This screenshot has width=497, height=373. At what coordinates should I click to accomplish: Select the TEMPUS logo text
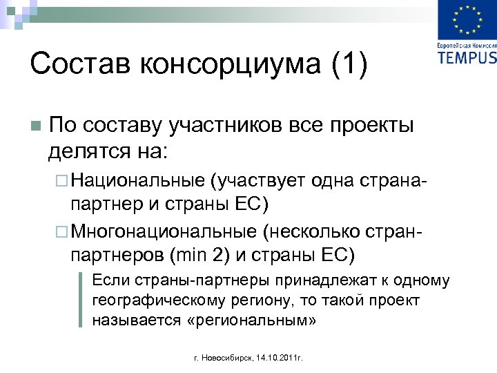tap(467, 57)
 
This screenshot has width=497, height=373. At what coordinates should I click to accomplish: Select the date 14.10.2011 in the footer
tap(281, 358)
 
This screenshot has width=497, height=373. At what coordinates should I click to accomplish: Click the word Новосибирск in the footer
tap(227, 358)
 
